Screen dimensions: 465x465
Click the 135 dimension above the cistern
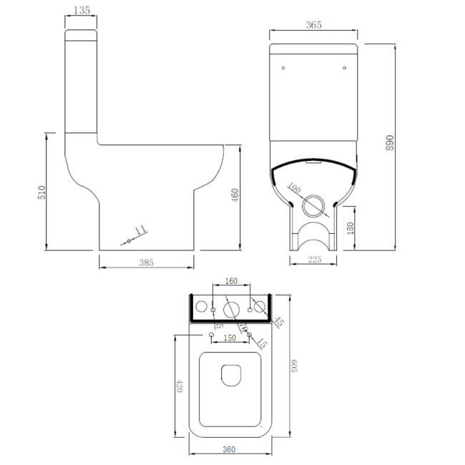82,11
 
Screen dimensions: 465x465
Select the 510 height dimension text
41,192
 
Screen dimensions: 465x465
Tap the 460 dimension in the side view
234,195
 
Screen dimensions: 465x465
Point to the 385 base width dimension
146,263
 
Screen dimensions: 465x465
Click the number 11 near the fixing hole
140,230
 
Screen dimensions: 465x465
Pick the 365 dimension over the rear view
313,25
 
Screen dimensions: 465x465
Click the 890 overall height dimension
390,143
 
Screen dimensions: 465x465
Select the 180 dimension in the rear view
348,228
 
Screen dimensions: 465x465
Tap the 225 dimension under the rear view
314,260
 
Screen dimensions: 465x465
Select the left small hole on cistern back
284,69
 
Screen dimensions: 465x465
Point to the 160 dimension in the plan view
231,282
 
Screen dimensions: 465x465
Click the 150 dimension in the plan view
230,338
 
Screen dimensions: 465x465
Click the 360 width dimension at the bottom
228,449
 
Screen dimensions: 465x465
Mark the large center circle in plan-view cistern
231,309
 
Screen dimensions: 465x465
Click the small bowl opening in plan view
230,376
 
